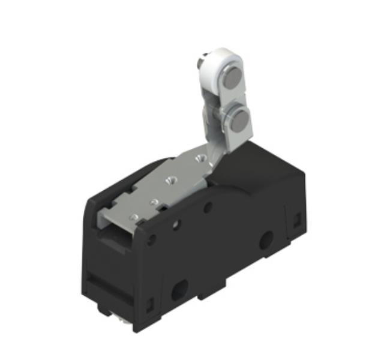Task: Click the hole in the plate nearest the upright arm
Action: point(200,158)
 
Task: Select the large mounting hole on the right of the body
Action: point(264,241)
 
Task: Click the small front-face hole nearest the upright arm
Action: point(208,208)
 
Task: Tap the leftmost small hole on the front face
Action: point(151,239)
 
